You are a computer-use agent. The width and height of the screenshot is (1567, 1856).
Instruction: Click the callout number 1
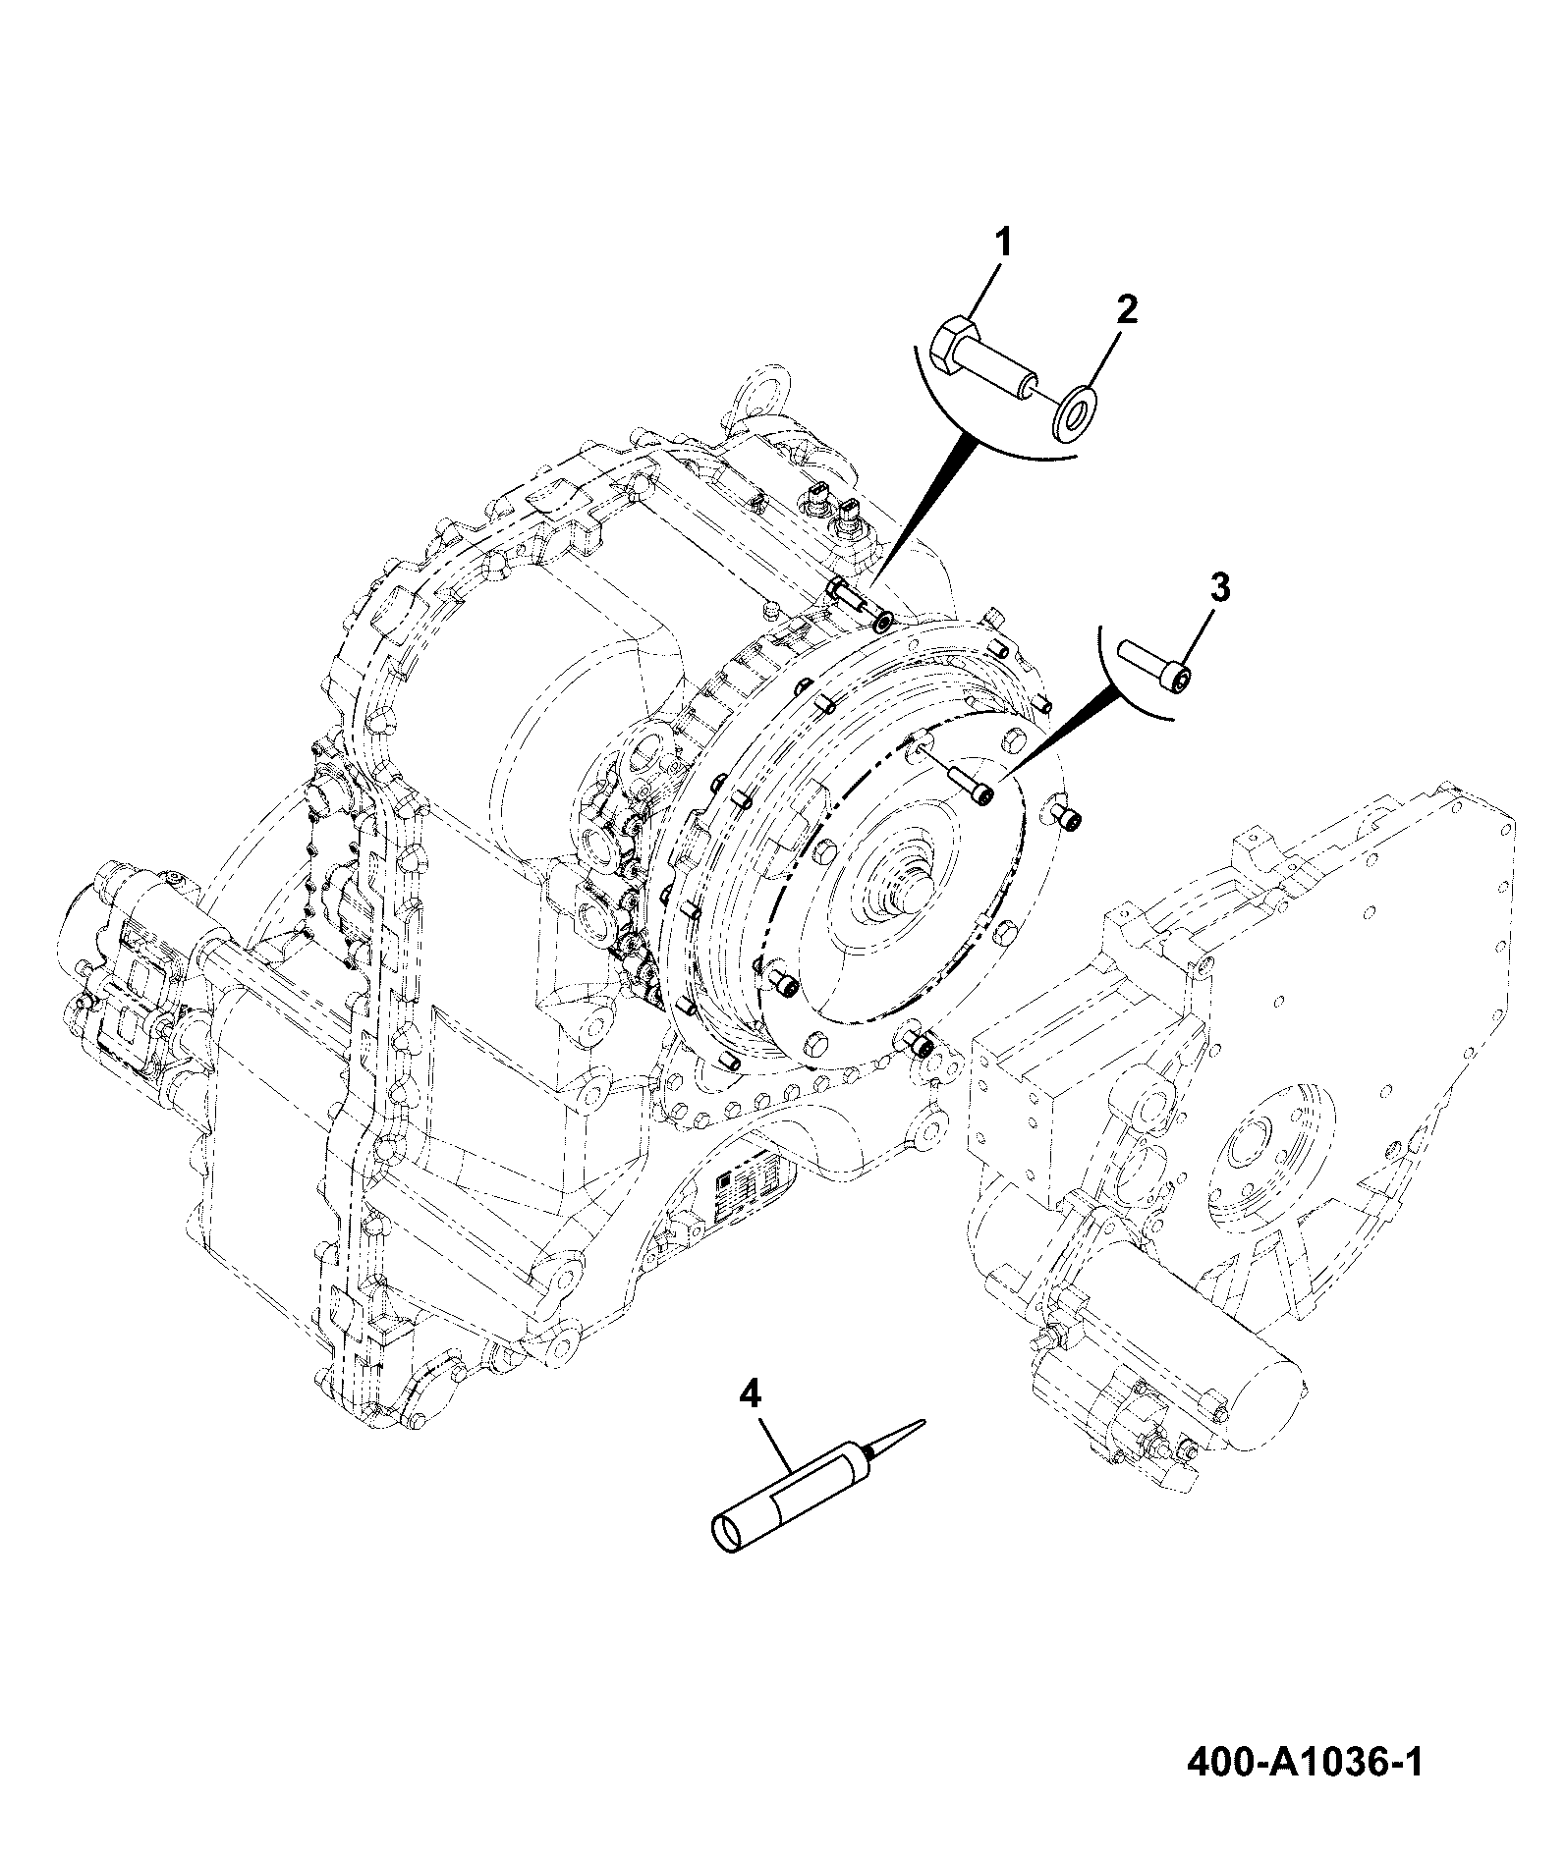[x=1004, y=243]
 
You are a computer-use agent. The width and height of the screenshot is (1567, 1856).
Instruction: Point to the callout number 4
[x=750, y=1393]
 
